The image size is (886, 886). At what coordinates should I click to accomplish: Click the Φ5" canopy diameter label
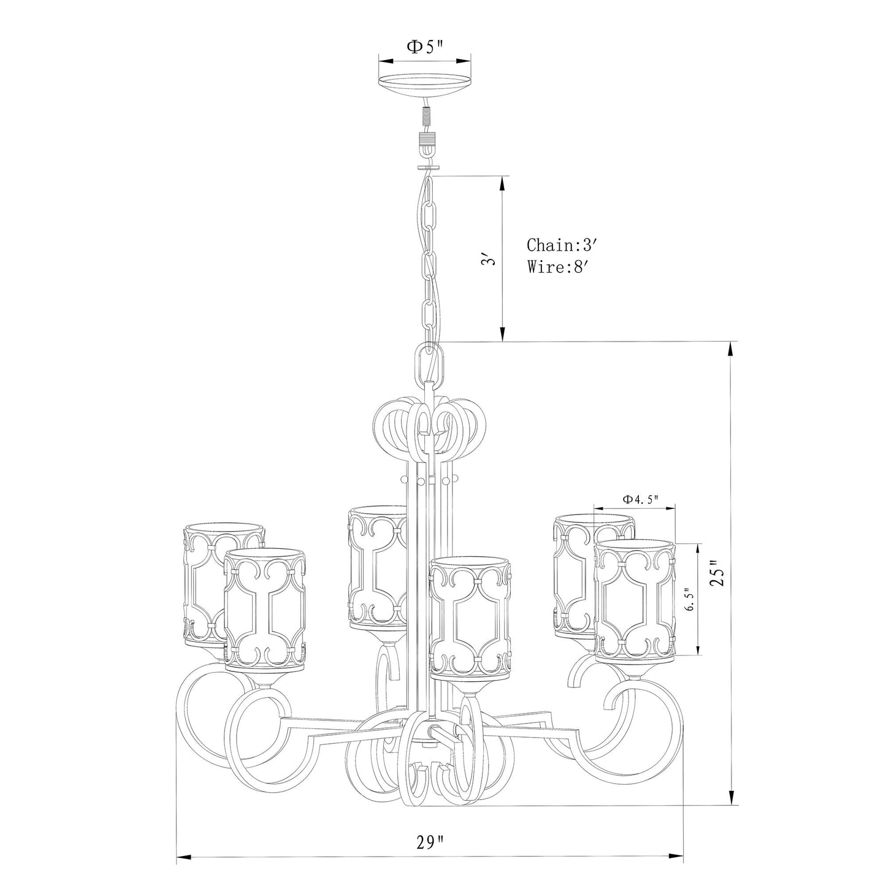click(x=426, y=47)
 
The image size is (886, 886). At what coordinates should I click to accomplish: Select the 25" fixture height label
click(x=717, y=573)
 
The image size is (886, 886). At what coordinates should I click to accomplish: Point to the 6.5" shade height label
click(x=688, y=598)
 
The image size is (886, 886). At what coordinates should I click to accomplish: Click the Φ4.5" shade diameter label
click(x=641, y=499)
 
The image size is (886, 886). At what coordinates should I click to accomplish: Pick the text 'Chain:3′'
click(x=561, y=245)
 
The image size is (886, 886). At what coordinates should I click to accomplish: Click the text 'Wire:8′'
click(x=558, y=267)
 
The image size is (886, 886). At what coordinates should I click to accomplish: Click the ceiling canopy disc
click(x=424, y=85)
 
